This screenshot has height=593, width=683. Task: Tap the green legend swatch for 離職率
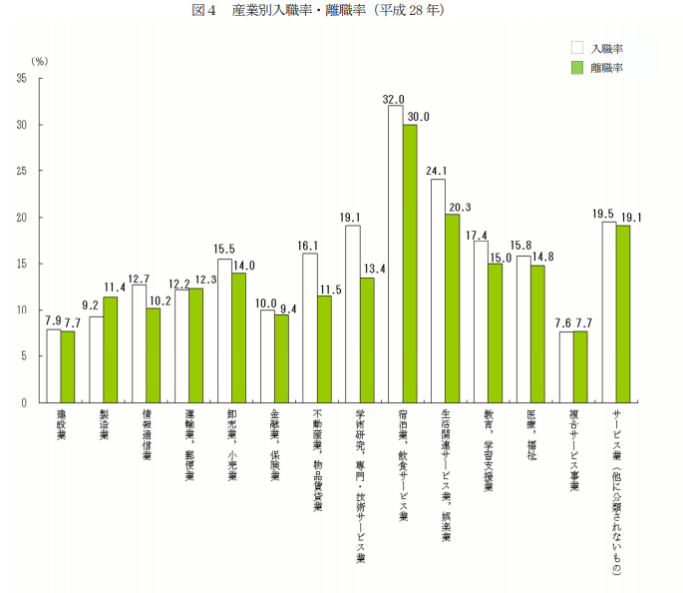(x=576, y=67)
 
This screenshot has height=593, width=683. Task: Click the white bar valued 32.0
(x=395, y=255)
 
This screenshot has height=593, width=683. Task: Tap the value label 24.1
(x=437, y=170)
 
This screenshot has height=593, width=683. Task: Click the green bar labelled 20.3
(x=452, y=308)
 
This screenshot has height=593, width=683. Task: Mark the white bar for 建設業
(x=53, y=365)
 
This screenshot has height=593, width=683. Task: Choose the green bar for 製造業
(x=110, y=349)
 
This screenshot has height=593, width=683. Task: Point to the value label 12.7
(x=139, y=279)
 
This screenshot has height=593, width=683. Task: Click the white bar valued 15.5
(x=224, y=330)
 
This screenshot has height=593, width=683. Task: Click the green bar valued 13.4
(x=367, y=340)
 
